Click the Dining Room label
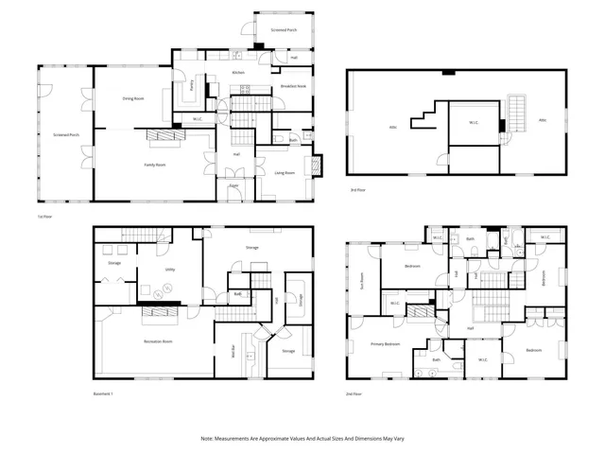tap(132, 98)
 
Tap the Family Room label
tap(154, 165)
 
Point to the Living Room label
tap(285, 173)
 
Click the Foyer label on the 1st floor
tap(233, 185)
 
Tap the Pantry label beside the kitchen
tap(191, 84)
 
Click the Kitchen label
tap(238, 72)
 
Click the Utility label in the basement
tap(169, 270)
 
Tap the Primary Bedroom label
tap(385, 344)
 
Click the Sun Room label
tap(362, 280)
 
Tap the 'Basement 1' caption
tap(102, 393)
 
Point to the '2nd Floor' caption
tap(355, 393)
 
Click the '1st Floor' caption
tap(43, 216)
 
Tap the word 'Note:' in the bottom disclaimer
tap(208, 438)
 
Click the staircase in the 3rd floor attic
tap(516, 113)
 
